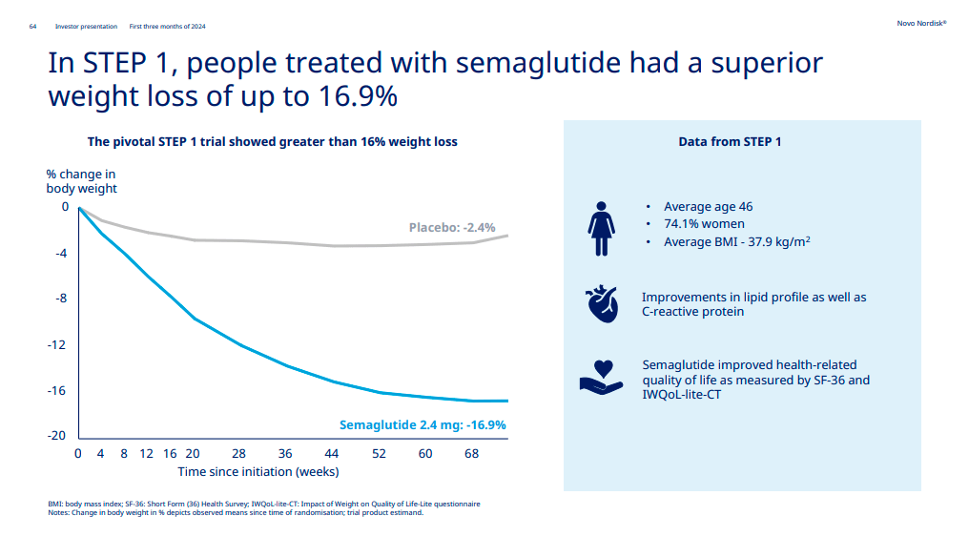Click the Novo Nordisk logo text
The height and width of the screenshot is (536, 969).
921,22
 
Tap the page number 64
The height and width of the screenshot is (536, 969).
33,26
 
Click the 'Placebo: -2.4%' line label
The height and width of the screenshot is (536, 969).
452,227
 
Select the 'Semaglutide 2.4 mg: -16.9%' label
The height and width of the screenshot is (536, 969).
423,424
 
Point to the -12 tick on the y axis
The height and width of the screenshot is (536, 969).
56,344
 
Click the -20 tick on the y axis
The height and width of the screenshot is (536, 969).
56,436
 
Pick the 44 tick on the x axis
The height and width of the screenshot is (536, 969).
332,453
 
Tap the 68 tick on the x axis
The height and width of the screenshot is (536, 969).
471,453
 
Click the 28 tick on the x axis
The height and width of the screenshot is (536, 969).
238,453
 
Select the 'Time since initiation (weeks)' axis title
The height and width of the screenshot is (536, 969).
258,471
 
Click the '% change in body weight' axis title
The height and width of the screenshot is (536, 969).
82,181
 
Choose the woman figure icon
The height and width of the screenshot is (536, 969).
601,228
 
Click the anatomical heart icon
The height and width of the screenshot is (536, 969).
601,303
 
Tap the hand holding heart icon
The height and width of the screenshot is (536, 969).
601,377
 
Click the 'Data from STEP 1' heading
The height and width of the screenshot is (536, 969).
730,142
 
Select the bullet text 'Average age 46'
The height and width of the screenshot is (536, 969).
708,207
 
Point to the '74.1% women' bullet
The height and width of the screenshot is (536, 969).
704,224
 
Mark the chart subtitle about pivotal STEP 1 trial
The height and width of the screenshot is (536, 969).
272,142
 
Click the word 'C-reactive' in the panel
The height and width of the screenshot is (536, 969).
673,312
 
